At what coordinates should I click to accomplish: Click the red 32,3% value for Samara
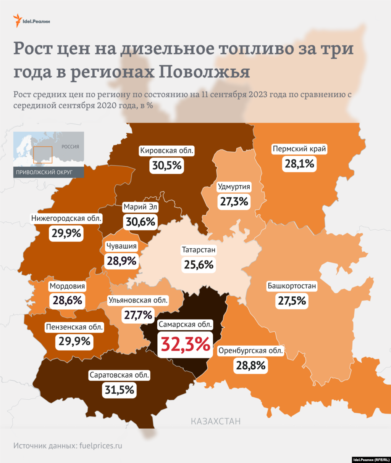point(186,344)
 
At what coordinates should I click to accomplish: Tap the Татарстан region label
point(199,250)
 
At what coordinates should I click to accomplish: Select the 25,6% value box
point(199,265)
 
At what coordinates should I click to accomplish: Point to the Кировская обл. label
point(167,151)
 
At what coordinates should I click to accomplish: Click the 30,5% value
point(167,166)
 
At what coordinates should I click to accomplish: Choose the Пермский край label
point(299,149)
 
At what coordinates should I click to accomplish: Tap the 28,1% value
point(299,164)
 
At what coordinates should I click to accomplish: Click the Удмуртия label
point(234,187)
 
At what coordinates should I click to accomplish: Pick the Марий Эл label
point(141,207)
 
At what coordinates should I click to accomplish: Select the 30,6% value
point(141,222)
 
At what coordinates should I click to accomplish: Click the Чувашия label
point(121,246)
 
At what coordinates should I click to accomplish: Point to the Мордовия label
point(67,286)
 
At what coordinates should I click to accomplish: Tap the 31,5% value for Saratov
point(120,390)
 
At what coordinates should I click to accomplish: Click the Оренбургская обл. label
point(250,351)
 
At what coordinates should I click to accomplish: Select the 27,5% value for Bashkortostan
point(292,301)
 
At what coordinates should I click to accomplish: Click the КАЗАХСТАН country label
point(216,421)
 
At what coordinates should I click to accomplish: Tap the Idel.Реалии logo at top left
point(32,21)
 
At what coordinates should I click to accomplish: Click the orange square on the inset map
point(43,155)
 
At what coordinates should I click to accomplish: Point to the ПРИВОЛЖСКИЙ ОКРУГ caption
point(44,172)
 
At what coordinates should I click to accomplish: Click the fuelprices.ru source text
point(101,445)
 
